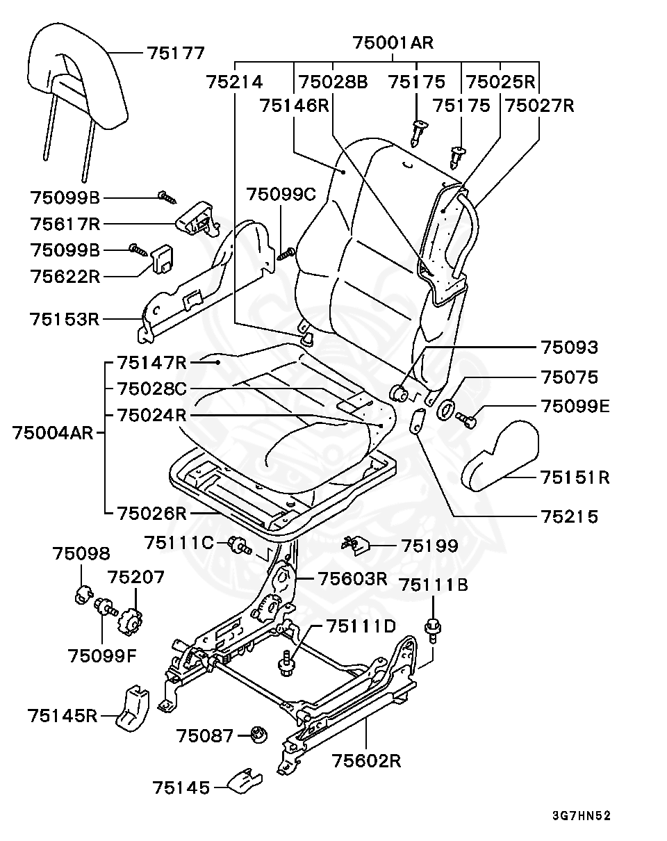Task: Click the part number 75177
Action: pyautogui.click(x=176, y=53)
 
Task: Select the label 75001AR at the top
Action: pyautogui.click(x=393, y=42)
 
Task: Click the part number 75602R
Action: pyautogui.click(x=367, y=761)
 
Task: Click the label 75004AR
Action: pyautogui.click(x=53, y=433)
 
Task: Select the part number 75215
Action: pyautogui.click(x=570, y=516)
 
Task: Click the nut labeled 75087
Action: pyautogui.click(x=258, y=735)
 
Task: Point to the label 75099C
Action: pyautogui.click(x=281, y=194)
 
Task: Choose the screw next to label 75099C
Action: pyautogui.click(x=286, y=254)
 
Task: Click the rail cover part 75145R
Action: pyautogui.click(x=133, y=708)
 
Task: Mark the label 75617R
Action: pyautogui.click(x=65, y=224)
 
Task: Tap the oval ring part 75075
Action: pyautogui.click(x=446, y=410)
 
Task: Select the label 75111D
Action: pyautogui.click(x=361, y=626)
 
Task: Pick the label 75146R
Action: pyautogui.click(x=294, y=106)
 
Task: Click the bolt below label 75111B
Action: pyautogui.click(x=433, y=629)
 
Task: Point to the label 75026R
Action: pyautogui.click(x=152, y=514)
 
